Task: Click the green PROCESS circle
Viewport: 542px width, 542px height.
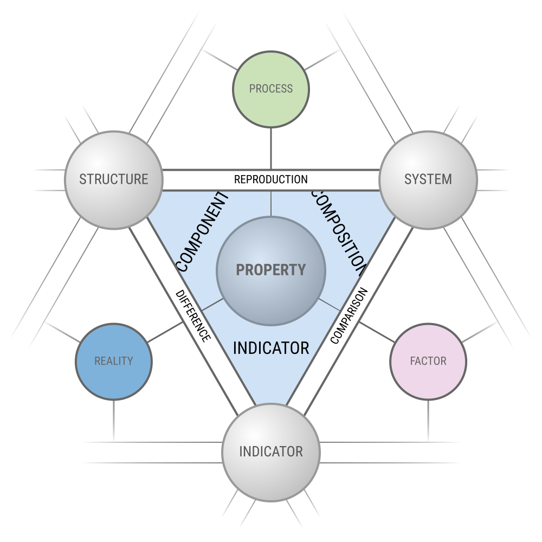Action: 270,89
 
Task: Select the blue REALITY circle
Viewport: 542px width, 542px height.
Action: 114,362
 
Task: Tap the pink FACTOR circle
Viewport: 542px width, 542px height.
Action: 428,362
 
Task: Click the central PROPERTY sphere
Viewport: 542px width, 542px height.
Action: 271,270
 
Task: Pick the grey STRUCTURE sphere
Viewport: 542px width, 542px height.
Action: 114,180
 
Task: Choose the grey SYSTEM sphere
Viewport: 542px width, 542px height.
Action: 428,180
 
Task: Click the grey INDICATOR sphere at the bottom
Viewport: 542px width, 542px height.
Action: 271,452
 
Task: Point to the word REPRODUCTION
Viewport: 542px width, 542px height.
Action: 270,179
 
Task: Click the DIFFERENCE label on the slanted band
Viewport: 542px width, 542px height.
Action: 193,316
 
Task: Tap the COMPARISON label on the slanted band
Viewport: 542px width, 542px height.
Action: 349,316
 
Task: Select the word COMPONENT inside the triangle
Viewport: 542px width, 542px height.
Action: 203,231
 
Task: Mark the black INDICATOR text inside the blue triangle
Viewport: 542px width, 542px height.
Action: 271,348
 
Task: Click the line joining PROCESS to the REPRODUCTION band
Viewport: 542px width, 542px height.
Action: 271,149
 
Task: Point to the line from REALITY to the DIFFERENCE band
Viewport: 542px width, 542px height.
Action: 165,332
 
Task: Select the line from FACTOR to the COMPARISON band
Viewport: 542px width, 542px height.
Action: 377,332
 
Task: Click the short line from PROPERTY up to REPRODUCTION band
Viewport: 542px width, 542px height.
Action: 271,203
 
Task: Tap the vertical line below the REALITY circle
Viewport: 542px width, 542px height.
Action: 114,421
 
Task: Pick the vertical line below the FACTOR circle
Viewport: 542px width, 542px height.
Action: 428,421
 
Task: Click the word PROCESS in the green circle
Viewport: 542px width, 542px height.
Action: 270,89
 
